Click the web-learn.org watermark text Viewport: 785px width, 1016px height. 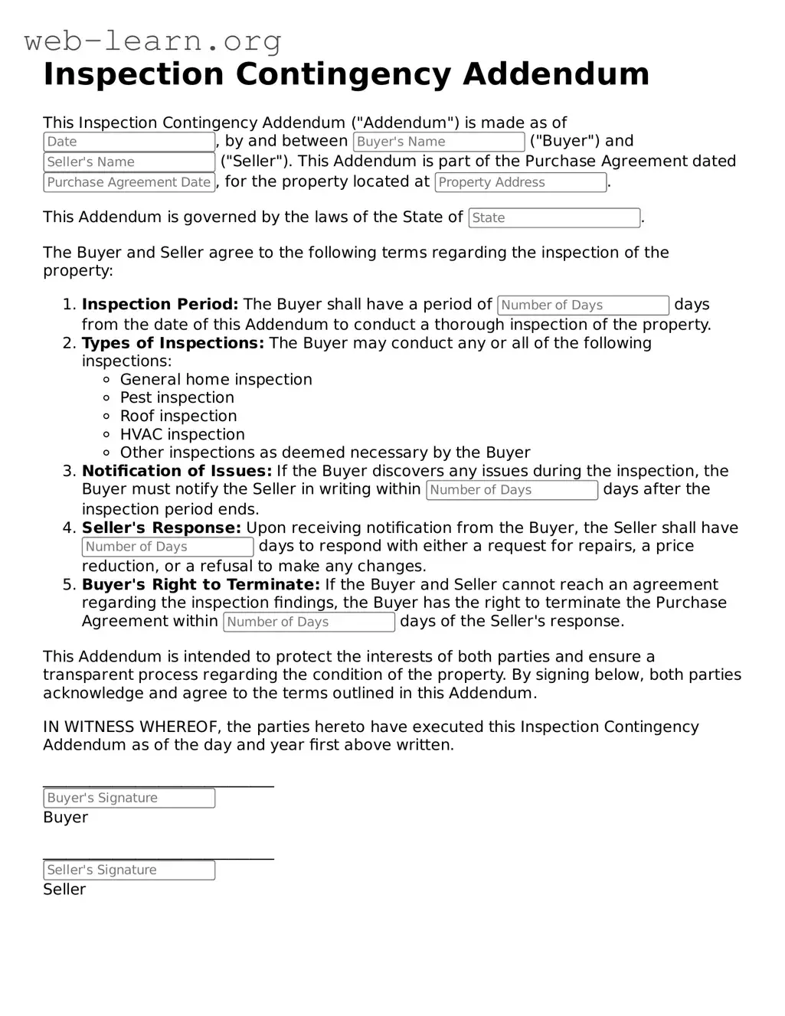(x=152, y=41)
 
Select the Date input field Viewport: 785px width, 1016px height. (x=129, y=142)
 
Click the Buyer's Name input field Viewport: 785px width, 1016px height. (x=438, y=142)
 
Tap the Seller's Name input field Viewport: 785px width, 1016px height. (x=129, y=162)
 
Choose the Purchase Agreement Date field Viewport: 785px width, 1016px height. (x=129, y=182)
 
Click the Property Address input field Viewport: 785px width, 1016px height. (x=520, y=182)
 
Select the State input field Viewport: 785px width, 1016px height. (x=554, y=217)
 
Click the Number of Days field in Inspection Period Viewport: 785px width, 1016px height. (x=583, y=305)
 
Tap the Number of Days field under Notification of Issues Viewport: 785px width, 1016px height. (x=512, y=490)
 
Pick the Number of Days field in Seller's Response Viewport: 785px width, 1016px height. (x=167, y=547)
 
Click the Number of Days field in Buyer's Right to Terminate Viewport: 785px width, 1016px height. (x=309, y=622)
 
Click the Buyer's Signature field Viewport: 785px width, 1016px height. (x=129, y=798)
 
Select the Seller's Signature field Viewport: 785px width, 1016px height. (x=129, y=870)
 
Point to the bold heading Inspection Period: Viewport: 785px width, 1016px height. (x=160, y=304)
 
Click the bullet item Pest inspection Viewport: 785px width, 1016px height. (x=177, y=397)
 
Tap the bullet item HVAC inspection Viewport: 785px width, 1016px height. (x=182, y=434)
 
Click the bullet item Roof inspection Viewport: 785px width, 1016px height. (x=178, y=416)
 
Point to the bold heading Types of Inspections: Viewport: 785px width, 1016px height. (x=173, y=343)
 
